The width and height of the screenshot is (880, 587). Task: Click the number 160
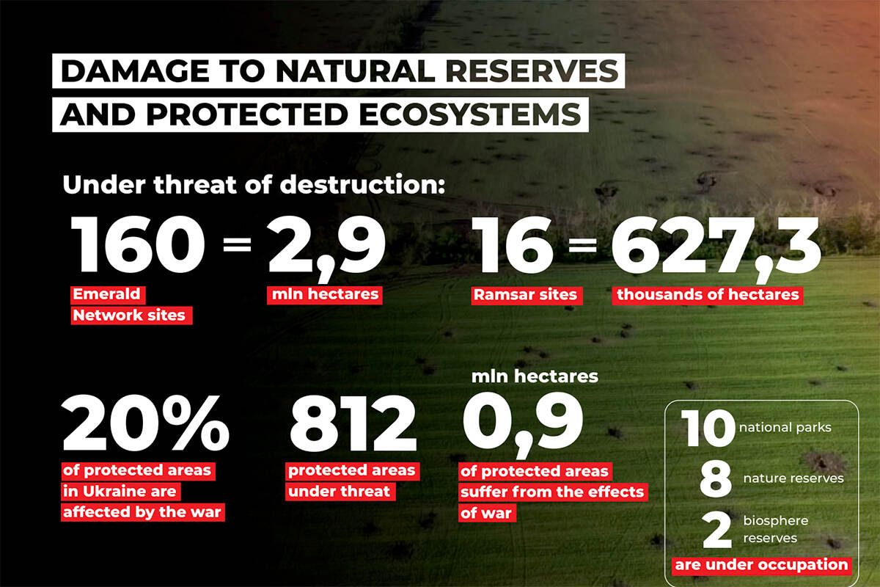pyautogui.click(x=138, y=244)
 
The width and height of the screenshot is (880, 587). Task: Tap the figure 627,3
pyautogui.click(x=716, y=248)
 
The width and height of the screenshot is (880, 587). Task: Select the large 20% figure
pyautogui.click(x=145, y=423)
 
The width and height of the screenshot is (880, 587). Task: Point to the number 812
pyautogui.click(x=353, y=423)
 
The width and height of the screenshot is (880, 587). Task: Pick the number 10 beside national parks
pyautogui.click(x=708, y=428)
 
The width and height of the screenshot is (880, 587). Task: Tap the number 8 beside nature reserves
pyautogui.click(x=716, y=478)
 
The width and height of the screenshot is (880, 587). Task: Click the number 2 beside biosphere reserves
pyautogui.click(x=717, y=530)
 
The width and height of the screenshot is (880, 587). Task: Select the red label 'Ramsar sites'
pyautogui.click(x=527, y=295)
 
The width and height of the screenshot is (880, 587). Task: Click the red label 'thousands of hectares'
pyautogui.click(x=708, y=295)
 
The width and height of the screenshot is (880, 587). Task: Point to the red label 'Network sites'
pyautogui.click(x=131, y=316)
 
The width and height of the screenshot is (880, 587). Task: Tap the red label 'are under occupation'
pyautogui.click(x=761, y=566)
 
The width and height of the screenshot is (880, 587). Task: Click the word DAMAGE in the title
pyautogui.click(x=135, y=71)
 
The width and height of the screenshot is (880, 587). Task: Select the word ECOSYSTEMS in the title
pyautogui.click(x=470, y=114)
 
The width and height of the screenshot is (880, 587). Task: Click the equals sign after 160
pyautogui.click(x=237, y=244)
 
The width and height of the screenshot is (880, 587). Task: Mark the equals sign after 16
pyautogui.click(x=582, y=244)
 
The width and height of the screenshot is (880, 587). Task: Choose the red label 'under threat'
pyautogui.click(x=340, y=492)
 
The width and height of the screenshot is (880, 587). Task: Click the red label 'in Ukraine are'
pyautogui.click(x=120, y=492)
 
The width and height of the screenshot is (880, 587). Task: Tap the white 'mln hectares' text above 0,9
pyautogui.click(x=535, y=376)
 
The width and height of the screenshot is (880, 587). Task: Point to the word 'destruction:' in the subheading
pyautogui.click(x=362, y=184)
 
